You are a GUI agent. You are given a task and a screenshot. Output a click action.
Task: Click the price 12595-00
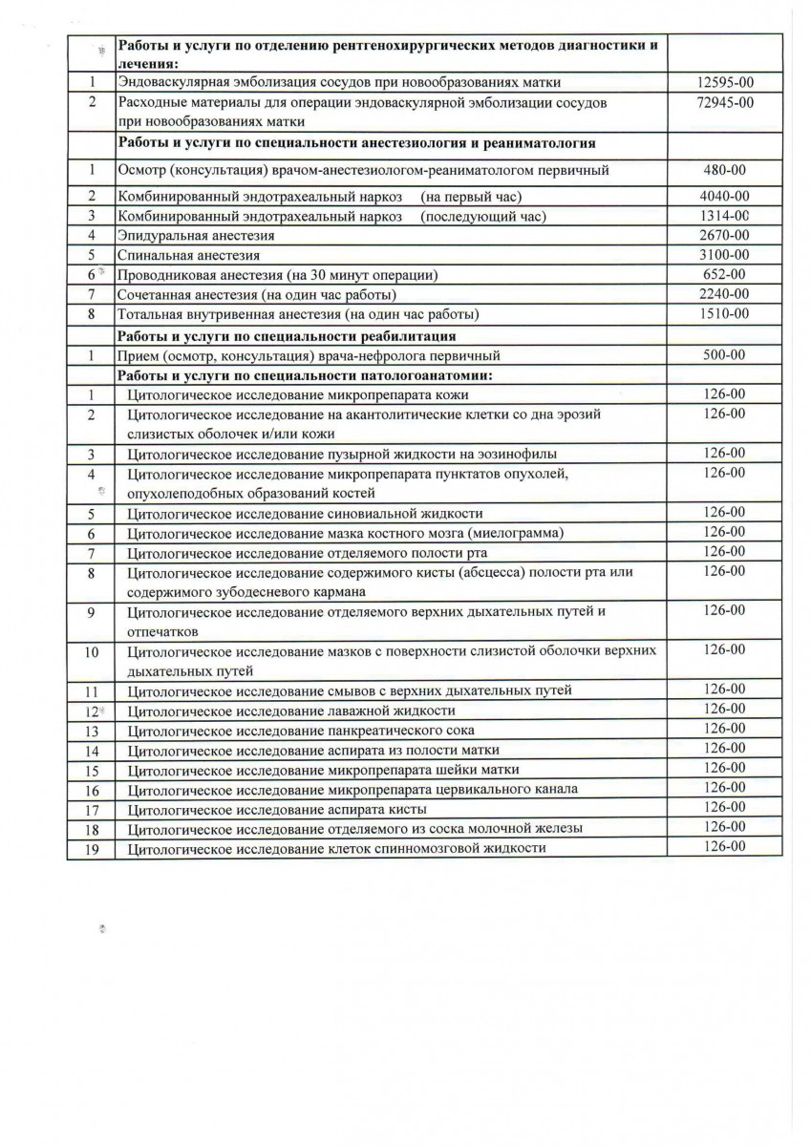tap(723, 82)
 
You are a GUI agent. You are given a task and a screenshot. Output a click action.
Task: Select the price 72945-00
tap(723, 101)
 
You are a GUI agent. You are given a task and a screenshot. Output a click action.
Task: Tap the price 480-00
tap(723, 170)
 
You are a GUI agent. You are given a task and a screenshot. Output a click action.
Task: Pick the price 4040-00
tap(723, 197)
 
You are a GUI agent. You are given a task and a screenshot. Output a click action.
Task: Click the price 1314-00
tap(723, 216)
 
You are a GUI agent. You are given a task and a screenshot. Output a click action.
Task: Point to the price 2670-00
tap(723, 235)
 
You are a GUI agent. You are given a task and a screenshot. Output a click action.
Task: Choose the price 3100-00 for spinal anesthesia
tap(723, 255)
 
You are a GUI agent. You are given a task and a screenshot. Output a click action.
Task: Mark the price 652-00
tap(723, 274)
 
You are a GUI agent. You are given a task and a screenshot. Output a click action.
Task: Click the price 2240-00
tap(723, 293)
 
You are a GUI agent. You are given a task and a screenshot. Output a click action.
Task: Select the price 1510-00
tap(723, 313)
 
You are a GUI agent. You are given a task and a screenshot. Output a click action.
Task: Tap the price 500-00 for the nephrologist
tap(723, 354)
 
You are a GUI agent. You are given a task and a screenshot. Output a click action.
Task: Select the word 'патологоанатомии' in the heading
tap(428, 374)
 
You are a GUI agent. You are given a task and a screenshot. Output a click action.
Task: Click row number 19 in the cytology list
tap(92, 848)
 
